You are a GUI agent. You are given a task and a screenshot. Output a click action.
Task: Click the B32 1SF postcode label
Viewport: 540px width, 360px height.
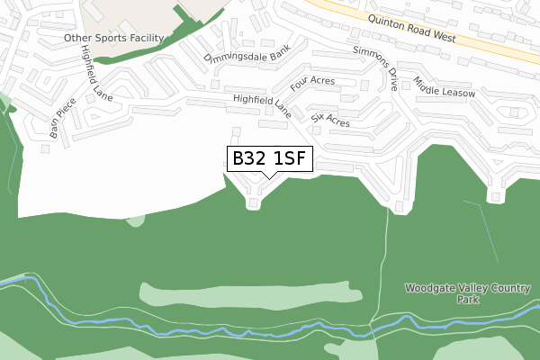coord(269,159)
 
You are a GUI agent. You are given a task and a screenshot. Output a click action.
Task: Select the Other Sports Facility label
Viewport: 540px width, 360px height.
coord(113,39)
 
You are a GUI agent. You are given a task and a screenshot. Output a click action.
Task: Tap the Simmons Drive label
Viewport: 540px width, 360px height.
coord(375,68)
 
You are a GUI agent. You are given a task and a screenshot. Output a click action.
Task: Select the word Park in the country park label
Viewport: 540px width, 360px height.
coord(467,300)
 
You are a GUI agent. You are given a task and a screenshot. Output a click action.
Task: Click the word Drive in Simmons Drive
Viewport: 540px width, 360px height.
coord(389,79)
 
